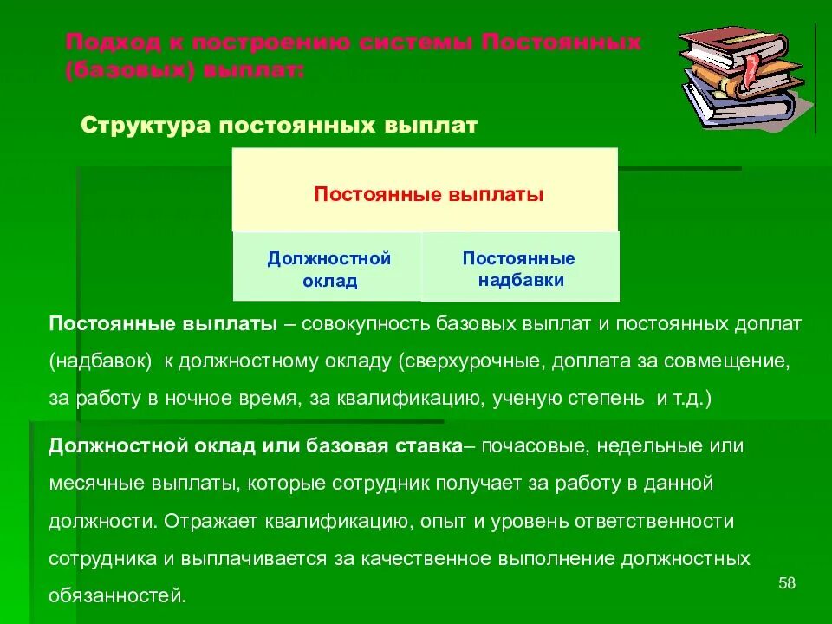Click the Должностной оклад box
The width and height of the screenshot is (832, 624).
point(328,269)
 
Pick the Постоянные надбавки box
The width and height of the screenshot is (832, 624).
point(519,269)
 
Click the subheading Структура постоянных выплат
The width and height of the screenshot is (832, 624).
point(279,126)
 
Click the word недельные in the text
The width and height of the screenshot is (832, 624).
point(630,447)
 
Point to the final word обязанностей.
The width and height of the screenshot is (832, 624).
point(117,596)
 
